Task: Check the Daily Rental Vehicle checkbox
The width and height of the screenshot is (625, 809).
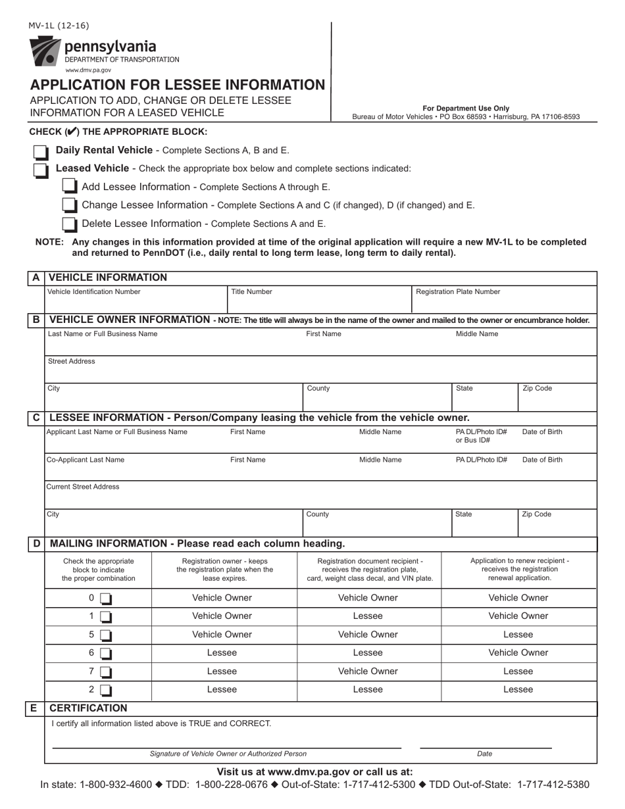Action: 41,153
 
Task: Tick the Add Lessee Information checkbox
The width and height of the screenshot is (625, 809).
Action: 69,187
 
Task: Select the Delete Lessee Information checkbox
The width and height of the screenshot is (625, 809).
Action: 69,225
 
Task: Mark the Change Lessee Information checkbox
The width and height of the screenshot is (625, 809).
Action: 69,206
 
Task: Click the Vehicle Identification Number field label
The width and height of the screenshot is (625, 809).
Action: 94,291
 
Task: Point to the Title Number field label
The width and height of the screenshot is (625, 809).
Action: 251,291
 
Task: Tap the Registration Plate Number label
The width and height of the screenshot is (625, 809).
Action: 459,291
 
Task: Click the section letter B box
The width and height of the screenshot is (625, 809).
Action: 36,320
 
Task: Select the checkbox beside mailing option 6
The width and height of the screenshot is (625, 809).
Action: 106,654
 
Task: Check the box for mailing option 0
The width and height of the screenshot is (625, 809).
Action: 106,599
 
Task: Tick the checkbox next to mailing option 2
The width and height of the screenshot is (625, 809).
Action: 106,691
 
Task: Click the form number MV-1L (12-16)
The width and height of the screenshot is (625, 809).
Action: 58,26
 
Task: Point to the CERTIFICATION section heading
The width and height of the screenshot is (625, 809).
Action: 89,708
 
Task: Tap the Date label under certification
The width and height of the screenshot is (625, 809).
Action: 484,754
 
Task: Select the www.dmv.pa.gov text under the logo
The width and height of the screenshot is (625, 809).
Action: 88,70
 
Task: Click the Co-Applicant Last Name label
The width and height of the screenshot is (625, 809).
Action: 86,460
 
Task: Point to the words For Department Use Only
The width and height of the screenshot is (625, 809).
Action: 466,109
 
